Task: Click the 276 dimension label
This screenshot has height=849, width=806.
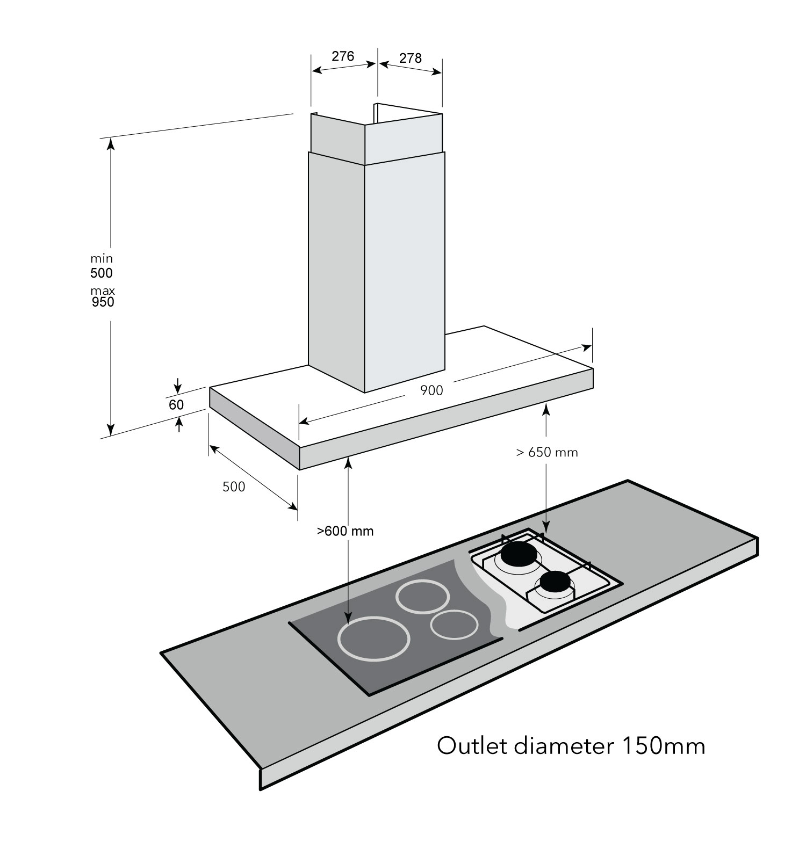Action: [343, 56]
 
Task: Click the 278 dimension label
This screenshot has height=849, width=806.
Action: [411, 58]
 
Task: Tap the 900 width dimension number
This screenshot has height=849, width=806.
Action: [431, 391]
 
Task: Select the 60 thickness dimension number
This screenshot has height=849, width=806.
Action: [176, 405]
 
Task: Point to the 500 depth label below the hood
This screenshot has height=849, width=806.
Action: [234, 487]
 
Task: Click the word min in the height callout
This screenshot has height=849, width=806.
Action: [102, 259]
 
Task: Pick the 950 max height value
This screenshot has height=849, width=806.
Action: [103, 302]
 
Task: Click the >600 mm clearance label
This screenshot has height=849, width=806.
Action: [345, 532]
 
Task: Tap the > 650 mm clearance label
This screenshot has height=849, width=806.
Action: [547, 453]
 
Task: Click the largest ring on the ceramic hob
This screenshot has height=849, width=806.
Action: [374, 639]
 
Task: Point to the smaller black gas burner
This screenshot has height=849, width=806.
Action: [556, 582]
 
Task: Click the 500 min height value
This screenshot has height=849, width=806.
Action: [102, 273]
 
